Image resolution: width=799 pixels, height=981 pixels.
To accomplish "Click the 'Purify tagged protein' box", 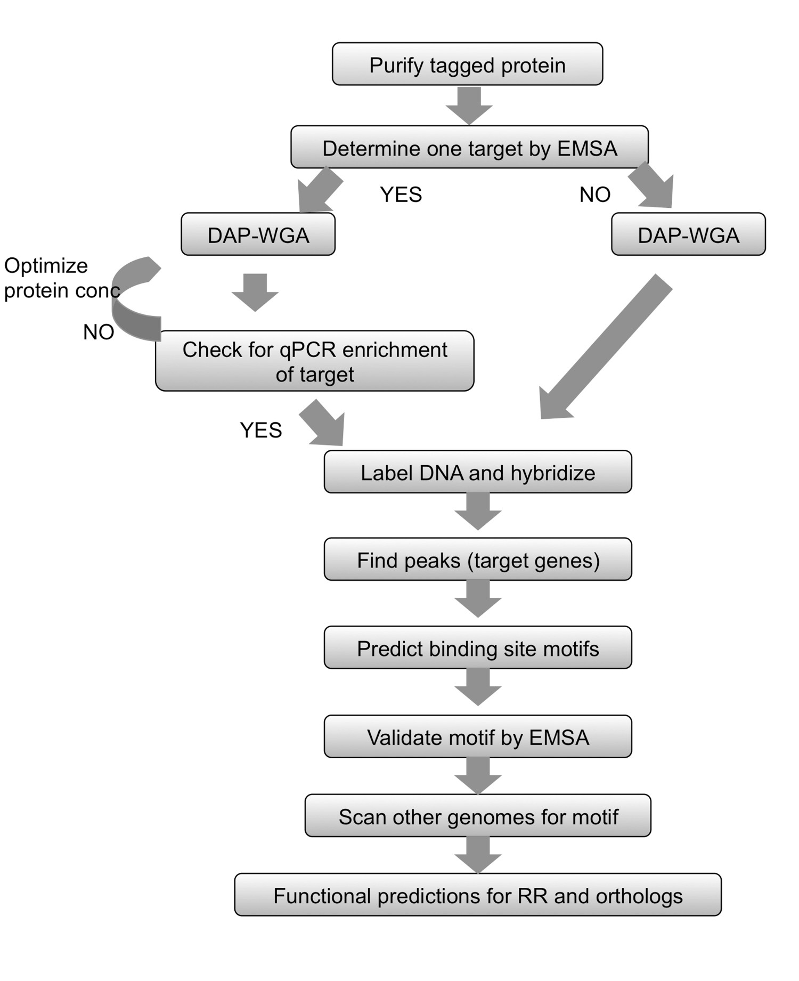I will pos(467,64).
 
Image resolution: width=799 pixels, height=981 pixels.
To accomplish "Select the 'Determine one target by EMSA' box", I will pos(469,148).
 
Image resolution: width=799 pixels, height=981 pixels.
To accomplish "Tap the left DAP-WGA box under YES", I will pos(258,234).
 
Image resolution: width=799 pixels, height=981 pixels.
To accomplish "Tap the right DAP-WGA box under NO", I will pos(688,234).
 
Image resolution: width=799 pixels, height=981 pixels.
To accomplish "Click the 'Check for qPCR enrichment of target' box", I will pos(314,361).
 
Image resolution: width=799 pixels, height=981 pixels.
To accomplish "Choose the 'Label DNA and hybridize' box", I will pos(478,472).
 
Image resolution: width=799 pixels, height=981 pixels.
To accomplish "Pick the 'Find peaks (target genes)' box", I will pos(478,560).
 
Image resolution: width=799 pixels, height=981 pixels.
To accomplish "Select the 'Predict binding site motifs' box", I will pos(478,648).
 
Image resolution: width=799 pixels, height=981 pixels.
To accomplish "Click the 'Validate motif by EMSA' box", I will pos(478,737).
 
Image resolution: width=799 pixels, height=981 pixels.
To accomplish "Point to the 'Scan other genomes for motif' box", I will pos(478,816).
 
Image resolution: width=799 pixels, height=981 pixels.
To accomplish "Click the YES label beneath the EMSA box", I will pos(401,194).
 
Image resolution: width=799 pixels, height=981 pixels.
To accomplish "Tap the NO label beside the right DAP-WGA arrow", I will pos(594,194).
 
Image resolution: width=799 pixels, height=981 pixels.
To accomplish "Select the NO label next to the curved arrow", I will pos(99,332).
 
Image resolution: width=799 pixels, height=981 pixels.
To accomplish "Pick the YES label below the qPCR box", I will pos(260,429).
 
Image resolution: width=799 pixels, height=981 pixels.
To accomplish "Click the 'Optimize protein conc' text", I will pos(59,278).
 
